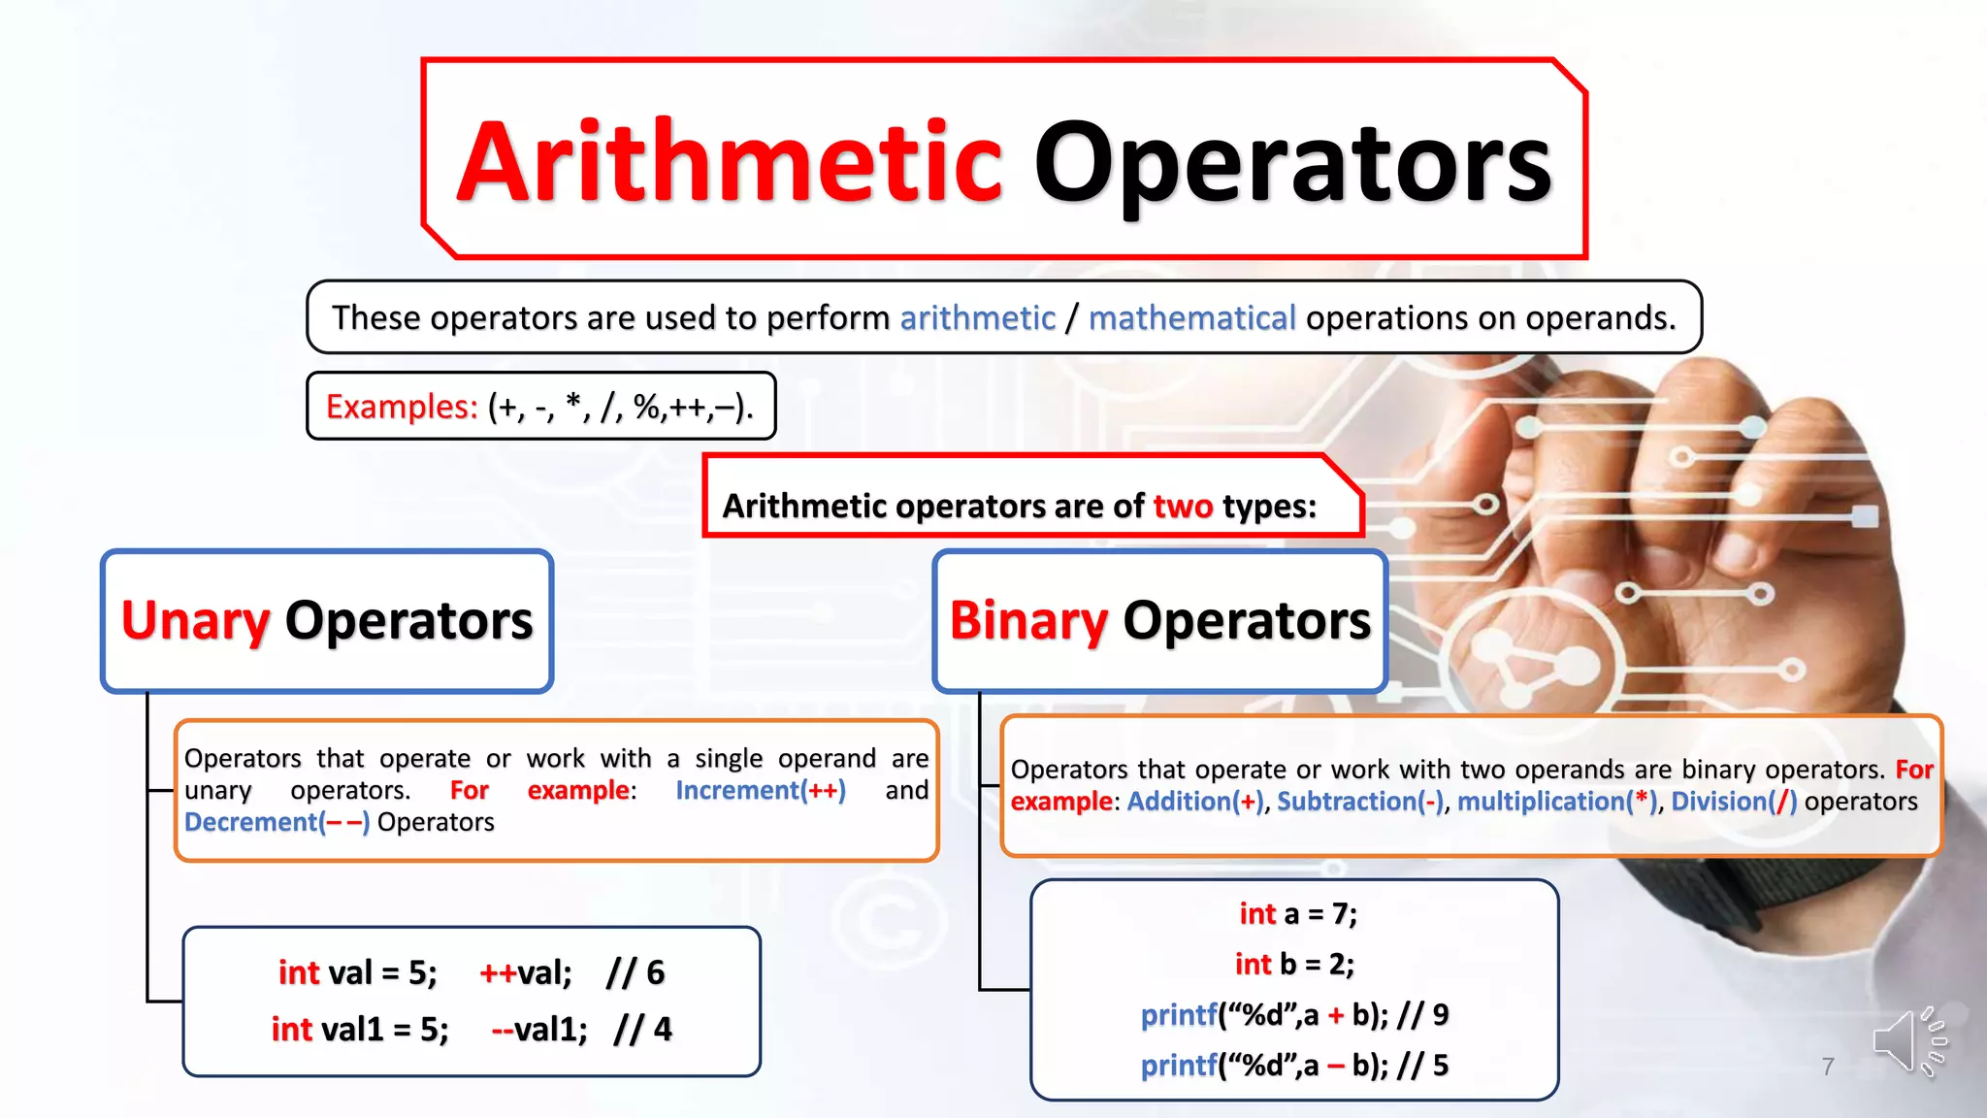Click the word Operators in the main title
click(1292, 163)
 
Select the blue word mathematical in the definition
click(1191, 318)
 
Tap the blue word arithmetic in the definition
click(977, 318)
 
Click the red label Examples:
click(402, 407)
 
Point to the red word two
click(1183, 506)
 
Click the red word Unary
click(195, 620)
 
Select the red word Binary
click(1028, 620)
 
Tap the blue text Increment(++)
click(761, 790)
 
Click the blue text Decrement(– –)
click(277, 822)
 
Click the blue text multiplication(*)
click(1557, 802)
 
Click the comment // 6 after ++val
click(635, 972)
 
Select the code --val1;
click(539, 1029)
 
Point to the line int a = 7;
click(1297, 913)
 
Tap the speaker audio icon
click(1907, 1041)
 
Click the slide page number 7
click(1828, 1067)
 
